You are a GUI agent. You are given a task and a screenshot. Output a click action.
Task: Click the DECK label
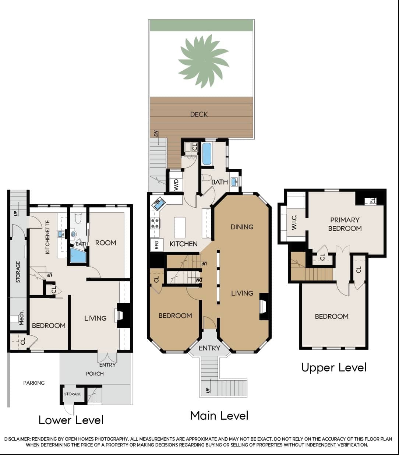coord(199,114)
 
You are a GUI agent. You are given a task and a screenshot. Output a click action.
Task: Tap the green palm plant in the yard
coord(204,61)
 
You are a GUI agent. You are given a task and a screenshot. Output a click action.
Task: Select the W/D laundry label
coord(176,184)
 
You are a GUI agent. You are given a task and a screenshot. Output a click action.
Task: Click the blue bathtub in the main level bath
coord(207,154)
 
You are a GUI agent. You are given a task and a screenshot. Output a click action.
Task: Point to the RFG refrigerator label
coord(157,245)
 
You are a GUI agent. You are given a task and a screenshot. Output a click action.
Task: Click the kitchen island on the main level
coord(180,227)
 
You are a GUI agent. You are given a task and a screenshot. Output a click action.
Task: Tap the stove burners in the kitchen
coord(155,223)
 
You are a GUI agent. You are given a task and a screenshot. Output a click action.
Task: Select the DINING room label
coord(242,227)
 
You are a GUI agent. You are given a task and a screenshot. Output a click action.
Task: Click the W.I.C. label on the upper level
coord(294,222)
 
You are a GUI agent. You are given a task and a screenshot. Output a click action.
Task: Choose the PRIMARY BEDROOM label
coord(345,224)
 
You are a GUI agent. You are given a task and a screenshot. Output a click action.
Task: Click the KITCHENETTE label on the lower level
coord(47,237)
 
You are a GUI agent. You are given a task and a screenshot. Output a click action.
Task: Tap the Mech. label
coord(21,318)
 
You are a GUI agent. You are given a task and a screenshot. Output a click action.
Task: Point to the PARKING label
coord(34,383)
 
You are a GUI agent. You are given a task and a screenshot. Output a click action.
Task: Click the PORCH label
coord(95,374)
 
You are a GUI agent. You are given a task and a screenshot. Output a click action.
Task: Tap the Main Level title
coord(219,415)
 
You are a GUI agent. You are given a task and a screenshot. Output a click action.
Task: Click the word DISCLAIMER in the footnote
coord(17,439)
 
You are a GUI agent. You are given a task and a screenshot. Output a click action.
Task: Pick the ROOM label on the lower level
coord(106,243)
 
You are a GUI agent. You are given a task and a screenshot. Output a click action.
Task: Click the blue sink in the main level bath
coord(234,182)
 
